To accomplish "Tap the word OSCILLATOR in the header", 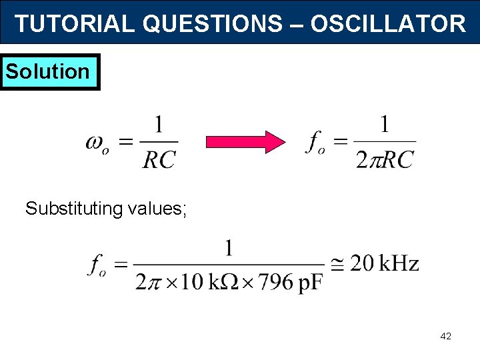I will click(x=388, y=24).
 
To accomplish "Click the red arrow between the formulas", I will click(x=245, y=142).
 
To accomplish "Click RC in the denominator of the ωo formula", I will click(x=159, y=159).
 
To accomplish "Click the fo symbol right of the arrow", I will click(x=317, y=143).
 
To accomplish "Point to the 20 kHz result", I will click(x=385, y=264).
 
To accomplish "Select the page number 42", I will click(x=445, y=337).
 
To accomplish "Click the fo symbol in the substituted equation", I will click(x=98, y=265).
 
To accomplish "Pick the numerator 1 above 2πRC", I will click(x=384, y=125).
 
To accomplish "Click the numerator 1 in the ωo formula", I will click(x=159, y=125).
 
